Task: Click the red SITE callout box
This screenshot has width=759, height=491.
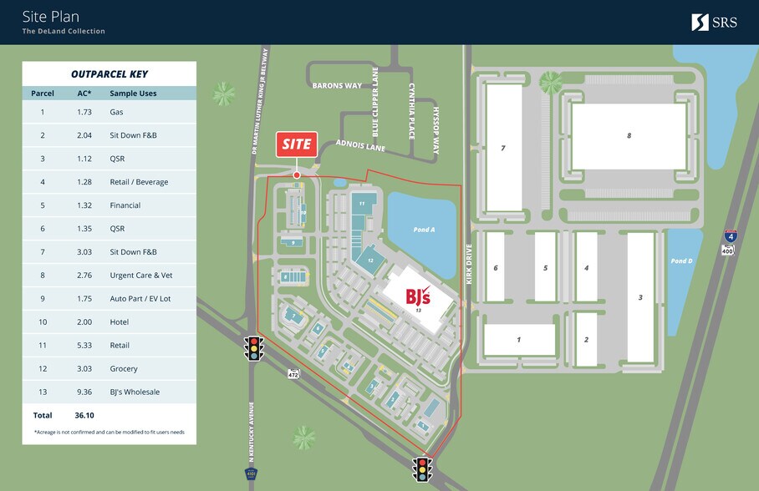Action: click(297, 144)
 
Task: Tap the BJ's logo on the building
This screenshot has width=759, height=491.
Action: click(418, 295)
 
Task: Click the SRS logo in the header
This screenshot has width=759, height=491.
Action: click(714, 23)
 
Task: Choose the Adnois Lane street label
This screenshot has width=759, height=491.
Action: click(359, 148)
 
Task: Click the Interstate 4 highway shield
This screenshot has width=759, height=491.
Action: click(731, 236)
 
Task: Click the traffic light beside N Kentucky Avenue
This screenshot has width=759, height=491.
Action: click(252, 347)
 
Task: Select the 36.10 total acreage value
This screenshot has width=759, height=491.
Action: click(83, 415)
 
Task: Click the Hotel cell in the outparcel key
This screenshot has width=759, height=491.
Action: click(120, 321)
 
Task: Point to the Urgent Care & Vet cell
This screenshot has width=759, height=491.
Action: click(140, 275)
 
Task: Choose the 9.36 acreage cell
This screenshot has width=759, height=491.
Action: click(84, 392)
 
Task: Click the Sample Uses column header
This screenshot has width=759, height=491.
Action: click(133, 94)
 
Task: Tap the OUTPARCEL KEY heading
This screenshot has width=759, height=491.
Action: click(110, 73)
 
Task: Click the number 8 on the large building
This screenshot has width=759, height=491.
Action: click(629, 135)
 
